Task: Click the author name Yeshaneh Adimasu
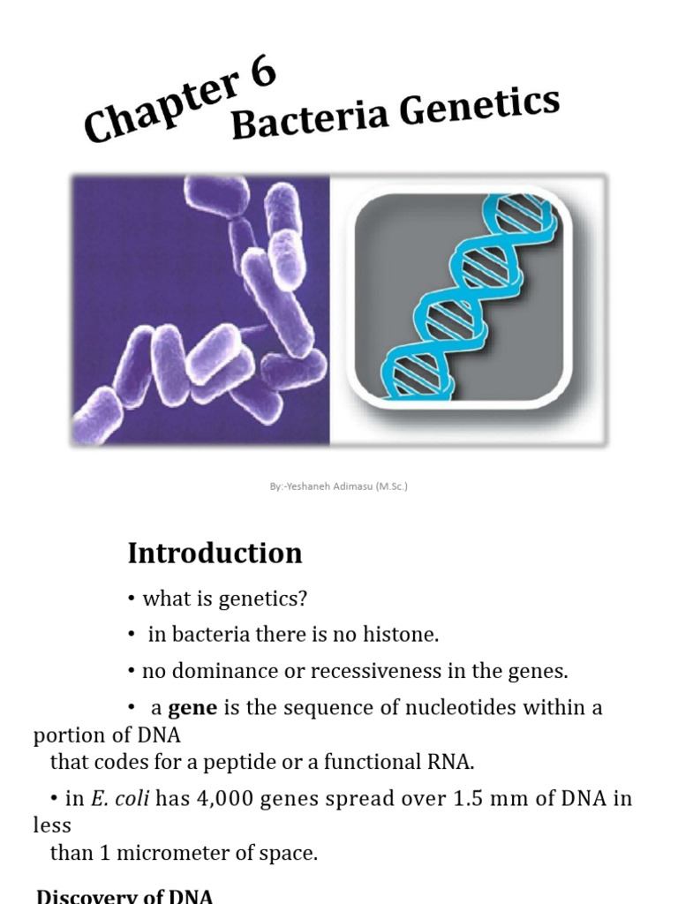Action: point(328,486)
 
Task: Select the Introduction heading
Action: point(215,554)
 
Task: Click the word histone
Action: point(404,634)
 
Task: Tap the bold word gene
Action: point(192,708)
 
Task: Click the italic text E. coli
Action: point(113,799)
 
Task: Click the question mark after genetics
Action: point(303,599)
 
